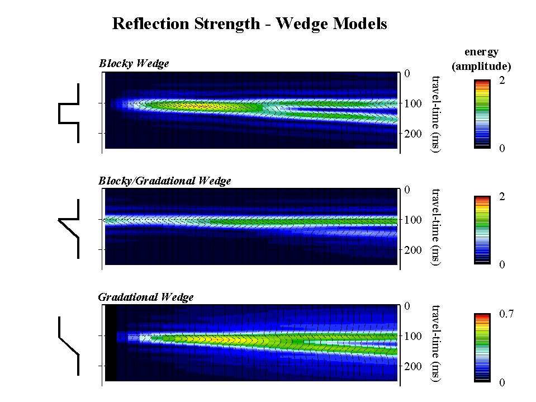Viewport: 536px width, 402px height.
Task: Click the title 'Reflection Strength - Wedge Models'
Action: click(249, 24)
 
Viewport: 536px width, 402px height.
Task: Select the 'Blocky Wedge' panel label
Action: click(134, 64)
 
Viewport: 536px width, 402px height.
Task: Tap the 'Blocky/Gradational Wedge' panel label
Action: click(164, 181)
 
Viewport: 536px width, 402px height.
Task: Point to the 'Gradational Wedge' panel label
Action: click(145, 297)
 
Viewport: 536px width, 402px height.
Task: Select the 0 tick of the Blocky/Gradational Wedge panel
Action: click(406, 190)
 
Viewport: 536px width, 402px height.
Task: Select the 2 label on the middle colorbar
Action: click(502, 197)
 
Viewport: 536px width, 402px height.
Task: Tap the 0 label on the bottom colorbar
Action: click(502, 382)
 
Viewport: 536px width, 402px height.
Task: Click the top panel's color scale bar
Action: click(481, 114)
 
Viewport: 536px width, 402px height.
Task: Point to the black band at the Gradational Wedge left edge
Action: click(111, 343)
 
